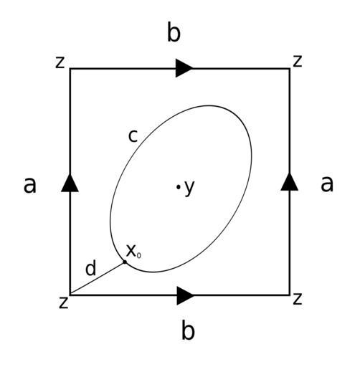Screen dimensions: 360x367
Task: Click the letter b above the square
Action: tap(174, 32)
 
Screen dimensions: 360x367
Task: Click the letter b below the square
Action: tap(188, 330)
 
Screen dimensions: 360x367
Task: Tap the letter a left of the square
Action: tap(30, 185)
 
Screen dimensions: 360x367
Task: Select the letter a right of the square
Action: tap(327, 183)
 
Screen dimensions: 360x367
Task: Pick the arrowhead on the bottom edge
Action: tap(186, 296)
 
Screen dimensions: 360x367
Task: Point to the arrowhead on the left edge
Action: tap(70, 183)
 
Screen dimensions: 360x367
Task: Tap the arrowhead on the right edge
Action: tap(290, 182)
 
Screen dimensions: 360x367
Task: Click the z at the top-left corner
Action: tap(60, 62)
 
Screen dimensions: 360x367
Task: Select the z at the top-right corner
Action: tap(298, 61)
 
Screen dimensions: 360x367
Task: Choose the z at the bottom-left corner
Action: tap(64, 302)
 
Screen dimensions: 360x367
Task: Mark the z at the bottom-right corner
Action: tap(298, 299)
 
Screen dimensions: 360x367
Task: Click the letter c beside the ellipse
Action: tap(133, 136)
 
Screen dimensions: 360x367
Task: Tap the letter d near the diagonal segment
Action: tap(91, 268)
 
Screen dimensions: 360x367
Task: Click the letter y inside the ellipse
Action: tap(189, 188)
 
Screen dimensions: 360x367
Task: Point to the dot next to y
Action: tap(178, 187)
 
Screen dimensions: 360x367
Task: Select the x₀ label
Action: tap(133, 252)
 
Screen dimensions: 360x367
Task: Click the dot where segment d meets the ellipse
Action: tap(125, 262)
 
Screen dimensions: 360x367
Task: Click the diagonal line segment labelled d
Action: tap(98, 278)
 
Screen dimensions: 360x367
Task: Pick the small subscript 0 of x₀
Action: tap(139, 256)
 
